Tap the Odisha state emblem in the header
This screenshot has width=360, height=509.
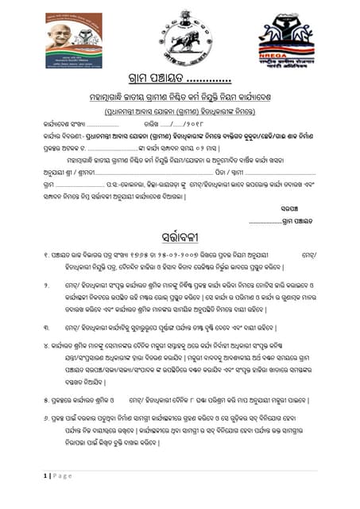pyautogui.click(x=180, y=36)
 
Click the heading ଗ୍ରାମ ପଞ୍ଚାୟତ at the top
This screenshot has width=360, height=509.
pyautogui.click(x=156, y=79)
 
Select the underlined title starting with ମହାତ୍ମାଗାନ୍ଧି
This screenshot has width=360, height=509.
pyautogui.click(x=180, y=96)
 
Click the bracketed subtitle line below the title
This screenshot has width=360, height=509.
pyautogui.click(x=180, y=111)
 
